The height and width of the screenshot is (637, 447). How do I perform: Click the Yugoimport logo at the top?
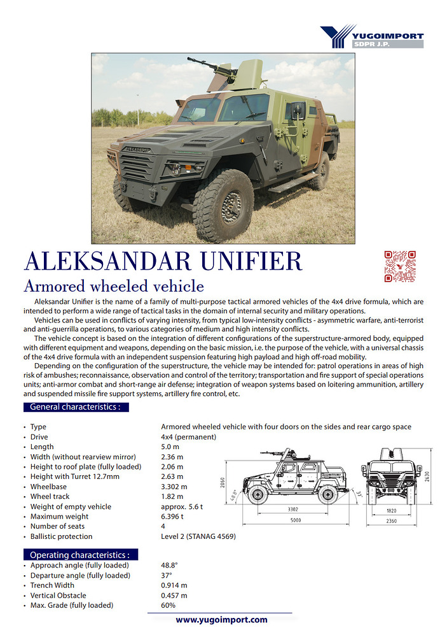click(x=371, y=36)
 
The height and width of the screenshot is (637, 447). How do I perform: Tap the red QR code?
click(x=400, y=266)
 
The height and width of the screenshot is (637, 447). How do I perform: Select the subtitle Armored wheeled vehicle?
click(x=113, y=285)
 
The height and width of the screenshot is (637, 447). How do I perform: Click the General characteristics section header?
click(x=76, y=407)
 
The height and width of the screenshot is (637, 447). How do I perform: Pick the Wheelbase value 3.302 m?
click(x=172, y=487)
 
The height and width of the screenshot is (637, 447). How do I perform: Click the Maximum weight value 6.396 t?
click(x=172, y=517)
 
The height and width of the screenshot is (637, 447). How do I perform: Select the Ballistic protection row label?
click(x=62, y=536)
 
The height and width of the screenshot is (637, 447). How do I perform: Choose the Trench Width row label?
click(x=52, y=585)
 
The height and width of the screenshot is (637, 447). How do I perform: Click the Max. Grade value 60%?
click(x=168, y=605)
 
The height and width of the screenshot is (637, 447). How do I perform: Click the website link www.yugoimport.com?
click(x=221, y=620)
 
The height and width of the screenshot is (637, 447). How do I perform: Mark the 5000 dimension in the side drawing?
click(x=292, y=520)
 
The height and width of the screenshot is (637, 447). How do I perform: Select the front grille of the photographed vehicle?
click(x=135, y=167)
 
